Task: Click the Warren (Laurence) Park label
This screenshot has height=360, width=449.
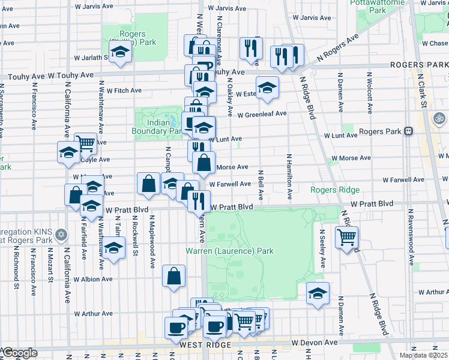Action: tap(229, 251)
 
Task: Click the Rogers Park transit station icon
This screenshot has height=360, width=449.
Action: tap(408, 131)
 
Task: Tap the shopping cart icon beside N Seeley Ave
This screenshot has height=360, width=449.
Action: tap(346, 238)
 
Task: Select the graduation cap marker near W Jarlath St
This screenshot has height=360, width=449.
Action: tap(120, 52)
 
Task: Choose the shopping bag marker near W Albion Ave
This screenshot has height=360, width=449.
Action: tap(173, 277)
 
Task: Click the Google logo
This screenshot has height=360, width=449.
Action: tap(20, 353)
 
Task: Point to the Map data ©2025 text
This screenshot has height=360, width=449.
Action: tap(423, 355)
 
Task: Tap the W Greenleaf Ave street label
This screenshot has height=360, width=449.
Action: tap(262, 115)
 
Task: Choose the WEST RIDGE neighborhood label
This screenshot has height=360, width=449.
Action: tap(205, 346)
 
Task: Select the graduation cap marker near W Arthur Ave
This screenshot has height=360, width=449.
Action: tap(318, 293)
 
